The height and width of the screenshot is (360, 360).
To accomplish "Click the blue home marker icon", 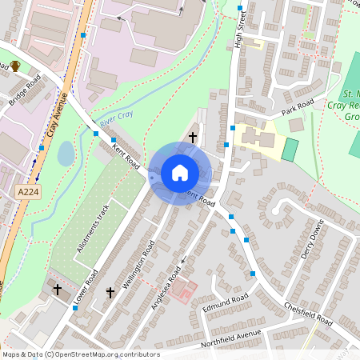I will pyautogui.click(x=179, y=173).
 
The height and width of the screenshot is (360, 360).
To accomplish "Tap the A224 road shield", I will pyautogui.click(x=26, y=192).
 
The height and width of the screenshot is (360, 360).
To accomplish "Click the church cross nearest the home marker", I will pyautogui.click(x=192, y=138).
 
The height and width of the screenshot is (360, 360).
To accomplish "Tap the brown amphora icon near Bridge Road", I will pyautogui.click(x=15, y=66).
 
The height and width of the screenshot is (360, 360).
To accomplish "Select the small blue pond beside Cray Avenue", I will pyautogui.click(x=66, y=154).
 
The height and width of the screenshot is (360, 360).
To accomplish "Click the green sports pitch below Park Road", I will pyautogui.click(x=290, y=150).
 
